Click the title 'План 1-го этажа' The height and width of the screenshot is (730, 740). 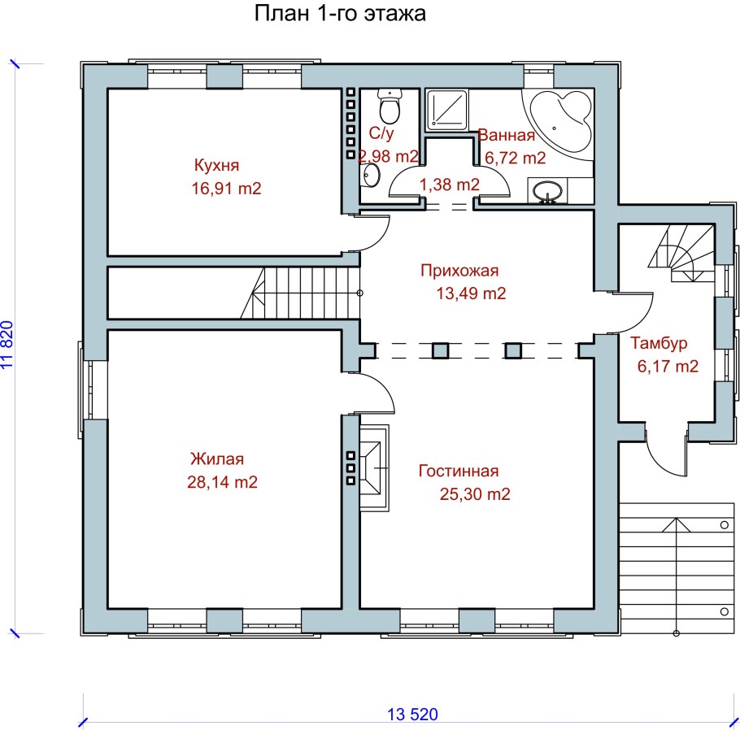point(340,13)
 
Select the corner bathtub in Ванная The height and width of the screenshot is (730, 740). point(559,121)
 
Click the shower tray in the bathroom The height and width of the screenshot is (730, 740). point(447,111)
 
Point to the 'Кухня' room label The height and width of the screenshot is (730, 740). point(216,166)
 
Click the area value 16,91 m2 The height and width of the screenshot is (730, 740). point(227,189)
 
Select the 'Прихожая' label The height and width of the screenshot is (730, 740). point(459,271)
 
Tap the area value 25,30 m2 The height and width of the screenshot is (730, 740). point(475,494)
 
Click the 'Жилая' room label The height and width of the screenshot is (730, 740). point(217,458)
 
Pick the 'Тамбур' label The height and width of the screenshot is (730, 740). point(659,343)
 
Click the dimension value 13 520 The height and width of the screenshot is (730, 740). point(412,715)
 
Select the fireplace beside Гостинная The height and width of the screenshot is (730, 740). point(375,467)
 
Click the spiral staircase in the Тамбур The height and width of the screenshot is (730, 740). point(682,254)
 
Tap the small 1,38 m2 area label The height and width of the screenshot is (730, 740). point(449,185)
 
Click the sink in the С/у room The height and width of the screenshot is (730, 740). point(371,176)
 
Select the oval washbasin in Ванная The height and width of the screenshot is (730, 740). point(547,192)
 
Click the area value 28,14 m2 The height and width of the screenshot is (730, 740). point(222,482)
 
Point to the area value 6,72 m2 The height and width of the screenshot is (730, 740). point(516,158)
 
